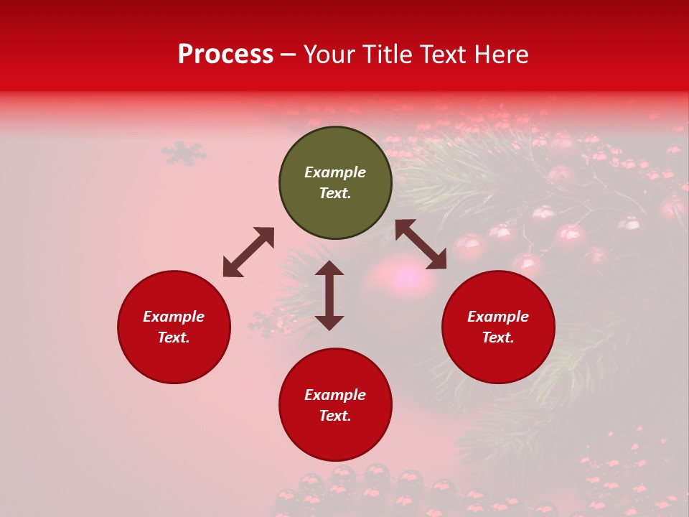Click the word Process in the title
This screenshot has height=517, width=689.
pyautogui.click(x=225, y=55)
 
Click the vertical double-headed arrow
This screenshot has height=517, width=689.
pyautogui.click(x=329, y=295)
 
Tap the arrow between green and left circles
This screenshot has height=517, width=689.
pyautogui.click(x=248, y=252)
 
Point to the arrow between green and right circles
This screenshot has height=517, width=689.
pyautogui.click(x=421, y=244)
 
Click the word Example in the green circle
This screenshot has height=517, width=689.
pyautogui.click(x=335, y=172)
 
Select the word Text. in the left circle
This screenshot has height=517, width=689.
pyautogui.click(x=174, y=337)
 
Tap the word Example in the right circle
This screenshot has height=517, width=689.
pyautogui.click(x=498, y=317)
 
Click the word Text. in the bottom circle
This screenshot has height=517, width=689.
pyautogui.click(x=335, y=416)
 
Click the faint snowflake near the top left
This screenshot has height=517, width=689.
pyautogui.click(x=183, y=152)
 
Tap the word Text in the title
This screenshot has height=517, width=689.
pyautogui.click(x=444, y=55)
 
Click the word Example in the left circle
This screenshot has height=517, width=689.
pyautogui.click(x=174, y=317)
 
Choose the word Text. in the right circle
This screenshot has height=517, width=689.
pyautogui.click(x=498, y=337)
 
